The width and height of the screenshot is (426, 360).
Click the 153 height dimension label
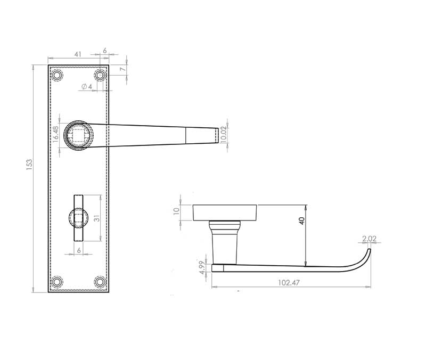tap(29, 165)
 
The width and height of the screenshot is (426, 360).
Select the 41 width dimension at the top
tap(78, 54)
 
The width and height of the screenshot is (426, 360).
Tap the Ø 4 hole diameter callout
tap(87, 87)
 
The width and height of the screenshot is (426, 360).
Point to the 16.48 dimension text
tap(55, 134)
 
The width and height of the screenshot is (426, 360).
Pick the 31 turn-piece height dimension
tap(97, 218)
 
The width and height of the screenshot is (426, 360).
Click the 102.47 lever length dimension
tap(289, 283)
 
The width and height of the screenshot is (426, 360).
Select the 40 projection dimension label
tap(301, 220)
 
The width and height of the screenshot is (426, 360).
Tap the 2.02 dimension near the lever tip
tap(369, 239)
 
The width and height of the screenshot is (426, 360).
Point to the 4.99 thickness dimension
tap(202, 268)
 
